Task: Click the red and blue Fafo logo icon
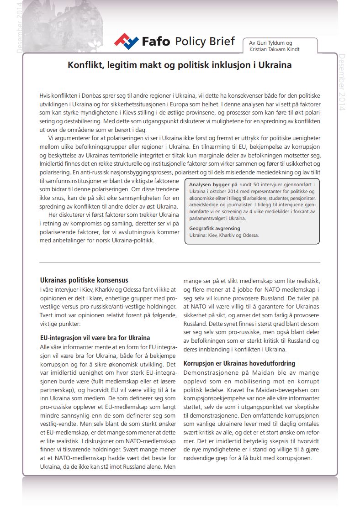127,42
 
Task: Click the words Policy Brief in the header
205,42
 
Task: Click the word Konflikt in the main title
86,65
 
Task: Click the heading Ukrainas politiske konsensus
84,280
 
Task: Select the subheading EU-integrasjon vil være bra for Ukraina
95,338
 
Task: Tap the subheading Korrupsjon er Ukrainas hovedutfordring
239,363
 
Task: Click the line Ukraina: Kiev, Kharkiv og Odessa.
224,235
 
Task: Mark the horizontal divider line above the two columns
180,262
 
